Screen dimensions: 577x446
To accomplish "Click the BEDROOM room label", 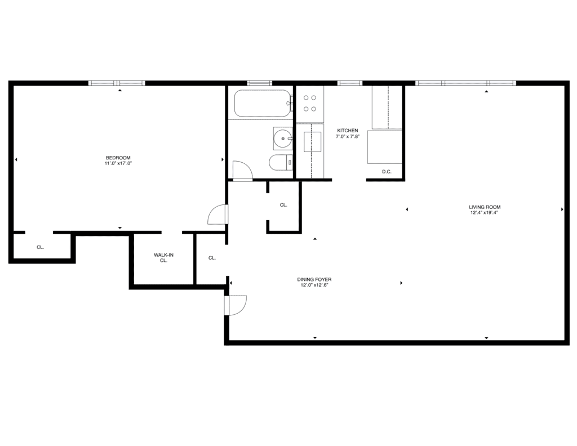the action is click(118, 158).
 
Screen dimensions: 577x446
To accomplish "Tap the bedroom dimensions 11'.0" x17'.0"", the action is click(118, 163).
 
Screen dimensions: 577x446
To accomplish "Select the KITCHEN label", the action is click(347, 131).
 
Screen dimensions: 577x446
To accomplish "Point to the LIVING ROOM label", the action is click(485, 207).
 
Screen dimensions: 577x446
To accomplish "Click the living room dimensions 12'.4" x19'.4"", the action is click(484, 212).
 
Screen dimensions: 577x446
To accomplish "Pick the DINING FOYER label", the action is click(314, 279).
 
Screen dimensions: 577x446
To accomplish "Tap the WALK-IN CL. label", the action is click(164, 258).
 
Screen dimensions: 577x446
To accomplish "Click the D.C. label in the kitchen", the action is click(387, 172).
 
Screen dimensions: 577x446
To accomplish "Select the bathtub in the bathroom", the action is click(263, 103).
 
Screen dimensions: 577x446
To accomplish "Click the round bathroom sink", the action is click(283, 139).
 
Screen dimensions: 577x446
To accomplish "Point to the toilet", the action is click(281, 163).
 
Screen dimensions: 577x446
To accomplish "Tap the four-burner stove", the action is click(309, 103).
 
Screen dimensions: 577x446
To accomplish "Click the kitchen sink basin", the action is click(312, 142).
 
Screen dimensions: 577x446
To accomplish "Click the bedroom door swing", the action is click(218, 215).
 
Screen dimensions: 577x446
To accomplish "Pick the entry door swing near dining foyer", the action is click(236, 305).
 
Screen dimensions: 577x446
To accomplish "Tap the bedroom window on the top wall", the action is click(117, 83).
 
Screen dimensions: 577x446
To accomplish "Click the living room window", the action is click(465, 83).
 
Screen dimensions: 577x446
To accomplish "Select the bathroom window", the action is click(259, 83).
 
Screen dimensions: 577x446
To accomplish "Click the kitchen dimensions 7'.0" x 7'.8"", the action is click(347, 136).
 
